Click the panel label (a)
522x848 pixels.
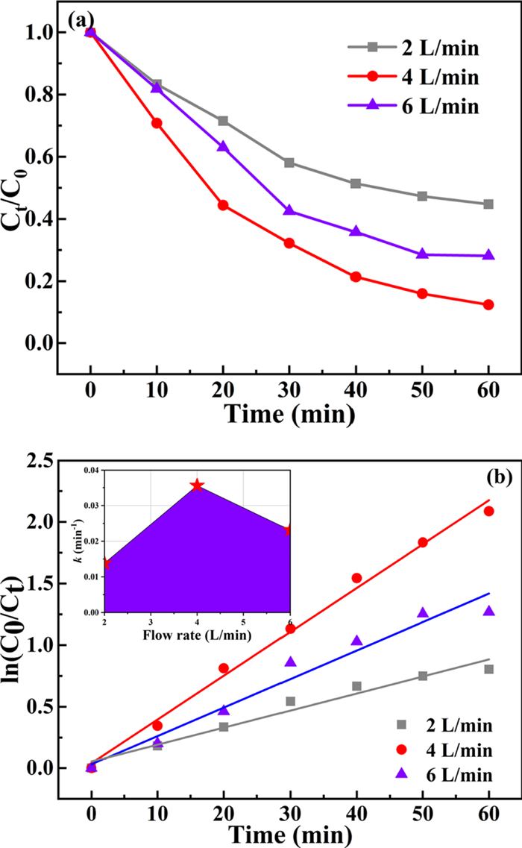click(80, 21)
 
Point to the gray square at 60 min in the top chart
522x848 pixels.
click(488, 204)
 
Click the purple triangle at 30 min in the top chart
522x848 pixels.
click(289, 211)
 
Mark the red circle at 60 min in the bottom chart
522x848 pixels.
click(488, 511)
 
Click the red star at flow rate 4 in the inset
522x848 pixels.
click(197, 486)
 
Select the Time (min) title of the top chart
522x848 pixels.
click(289, 415)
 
